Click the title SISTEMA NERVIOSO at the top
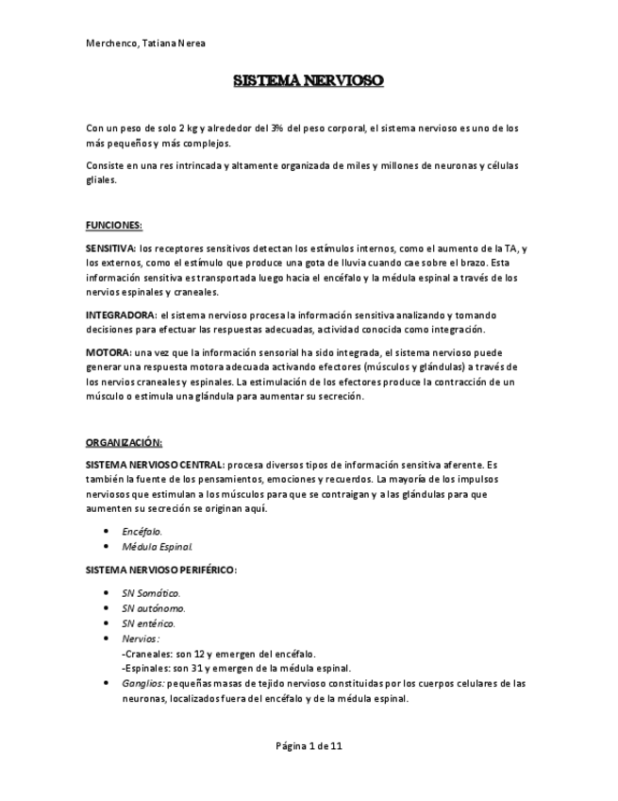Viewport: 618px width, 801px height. [x=309, y=81]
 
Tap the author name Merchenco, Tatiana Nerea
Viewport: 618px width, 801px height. [x=146, y=43]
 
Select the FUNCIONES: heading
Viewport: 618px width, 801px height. [x=113, y=225]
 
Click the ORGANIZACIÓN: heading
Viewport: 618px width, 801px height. [x=124, y=442]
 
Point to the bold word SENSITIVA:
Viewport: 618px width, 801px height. [x=110, y=248]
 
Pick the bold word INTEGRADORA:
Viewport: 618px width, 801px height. [x=121, y=315]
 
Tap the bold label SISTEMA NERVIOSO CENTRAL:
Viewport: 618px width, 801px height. [x=155, y=465]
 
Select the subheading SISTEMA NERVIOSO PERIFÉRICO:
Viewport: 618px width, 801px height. [x=160, y=571]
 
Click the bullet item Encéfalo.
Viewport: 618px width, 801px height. [x=142, y=532]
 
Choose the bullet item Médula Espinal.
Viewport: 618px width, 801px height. [x=158, y=547]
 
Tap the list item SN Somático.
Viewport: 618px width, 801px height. [x=151, y=593]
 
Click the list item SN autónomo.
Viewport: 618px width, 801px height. [x=153, y=608]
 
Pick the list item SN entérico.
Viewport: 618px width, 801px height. [x=148, y=623]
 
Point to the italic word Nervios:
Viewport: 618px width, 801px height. [x=141, y=639]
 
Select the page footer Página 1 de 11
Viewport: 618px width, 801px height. [x=309, y=746]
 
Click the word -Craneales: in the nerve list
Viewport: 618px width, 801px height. [x=147, y=654]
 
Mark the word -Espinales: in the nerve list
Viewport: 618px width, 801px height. [x=148, y=668]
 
